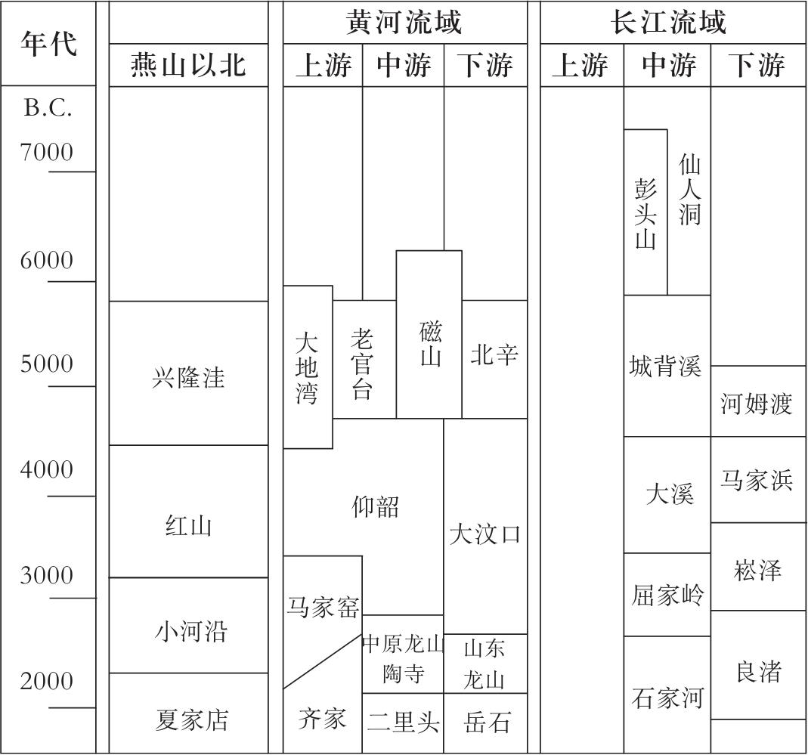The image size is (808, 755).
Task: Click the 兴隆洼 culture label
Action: pyautogui.click(x=188, y=377)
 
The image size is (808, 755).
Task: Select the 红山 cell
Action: pyautogui.click(x=188, y=524)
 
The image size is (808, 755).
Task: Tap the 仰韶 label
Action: pyautogui.click(x=376, y=506)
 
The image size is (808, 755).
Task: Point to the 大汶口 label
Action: pyautogui.click(x=484, y=534)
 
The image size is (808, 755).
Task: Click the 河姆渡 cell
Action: pyautogui.click(x=756, y=404)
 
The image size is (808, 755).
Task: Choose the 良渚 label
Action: pyautogui.click(x=758, y=671)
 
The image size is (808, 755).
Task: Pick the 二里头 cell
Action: pyautogui.click(x=403, y=723)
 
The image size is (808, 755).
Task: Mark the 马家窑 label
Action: pyautogui.click(x=323, y=607)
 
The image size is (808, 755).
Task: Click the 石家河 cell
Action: pyautogui.click(x=667, y=697)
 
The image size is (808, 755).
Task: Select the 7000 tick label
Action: pyautogui.click(x=47, y=153)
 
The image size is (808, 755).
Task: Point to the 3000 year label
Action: pyautogui.click(x=47, y=576)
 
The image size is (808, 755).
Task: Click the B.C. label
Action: pyautogui.click(x=48, y=108)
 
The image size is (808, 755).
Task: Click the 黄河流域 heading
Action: pyautogui.click(x=404, y=23)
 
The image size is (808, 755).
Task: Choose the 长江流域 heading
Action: pyautogui.click(x=668, y=23)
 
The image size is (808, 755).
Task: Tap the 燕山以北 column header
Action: pyautogui.click(x=188, y=66)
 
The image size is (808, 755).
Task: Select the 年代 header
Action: pyautogui.click(x=48, y=43)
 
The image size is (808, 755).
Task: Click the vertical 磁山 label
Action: pyautogui.click(x=430, y=344)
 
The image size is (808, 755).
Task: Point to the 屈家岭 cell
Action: pyautogui.click(x=667, y=596)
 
